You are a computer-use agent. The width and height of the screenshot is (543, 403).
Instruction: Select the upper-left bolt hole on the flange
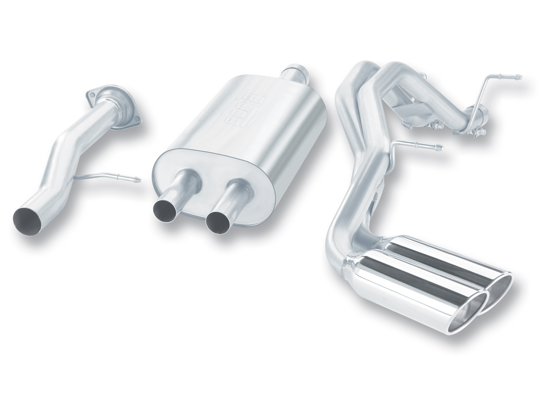(x=89, y=93)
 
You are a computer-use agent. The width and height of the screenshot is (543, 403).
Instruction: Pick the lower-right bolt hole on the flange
(x=139, y=119)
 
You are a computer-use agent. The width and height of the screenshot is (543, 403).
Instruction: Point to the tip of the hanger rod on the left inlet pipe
(x=139, y=179)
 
